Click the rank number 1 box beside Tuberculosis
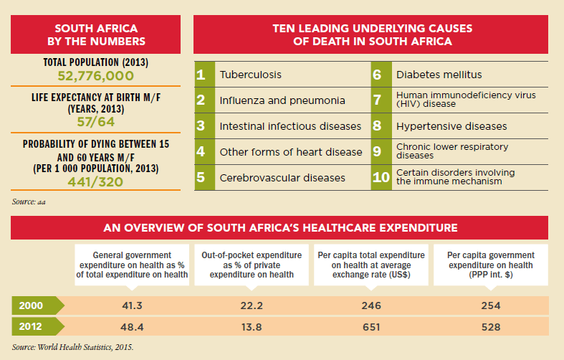click(x=203, y=75)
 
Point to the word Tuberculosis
click(x=250, y=75)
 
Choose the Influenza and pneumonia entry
click(x=282, y=100)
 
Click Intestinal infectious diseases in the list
click(x=290, y=126)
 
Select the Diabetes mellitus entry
click(x=439, y=75)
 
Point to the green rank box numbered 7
click(x=381, y=100)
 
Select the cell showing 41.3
click(x=132, y=305)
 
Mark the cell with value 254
click(x=491, y=305)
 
